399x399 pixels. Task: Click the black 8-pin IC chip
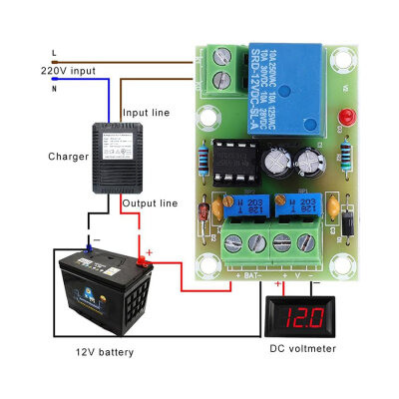tap(235, 161)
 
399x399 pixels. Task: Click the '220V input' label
tap(68, 71)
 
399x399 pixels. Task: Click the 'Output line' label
tap(150, 202)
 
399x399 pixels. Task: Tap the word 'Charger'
tap(67, 157)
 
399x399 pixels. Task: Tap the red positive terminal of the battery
tap(144, 262)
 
